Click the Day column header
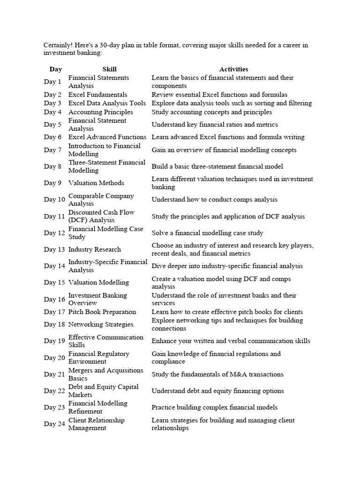55,69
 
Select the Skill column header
109,69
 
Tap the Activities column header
233,69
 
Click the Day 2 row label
52,95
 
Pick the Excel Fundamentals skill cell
97,95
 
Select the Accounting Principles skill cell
100,112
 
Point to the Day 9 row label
52,183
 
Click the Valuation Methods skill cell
96,183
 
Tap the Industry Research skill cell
94,249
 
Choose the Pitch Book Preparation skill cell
102,312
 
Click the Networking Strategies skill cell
101,324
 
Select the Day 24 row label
54,424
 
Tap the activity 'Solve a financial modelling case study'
207,233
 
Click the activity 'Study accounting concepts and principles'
211,112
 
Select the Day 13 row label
54,249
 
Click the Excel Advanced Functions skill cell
107,137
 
